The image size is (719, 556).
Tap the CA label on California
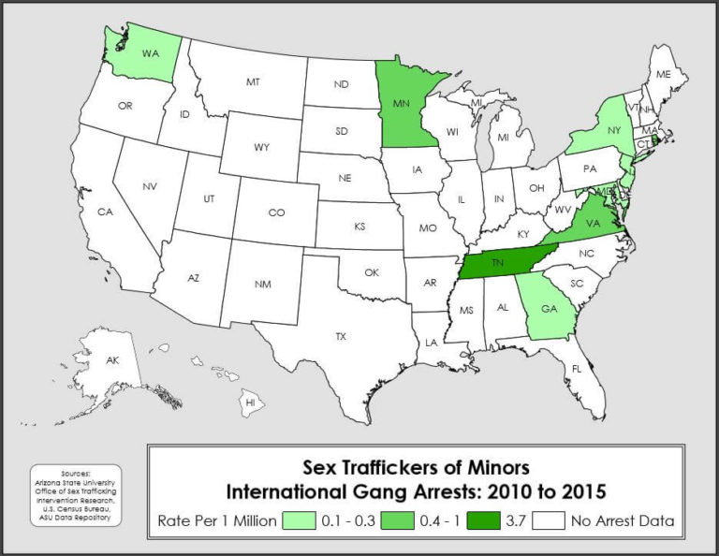(105, 212)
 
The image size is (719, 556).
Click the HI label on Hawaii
(250, 402)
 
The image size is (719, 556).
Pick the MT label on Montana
(253, 82)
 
